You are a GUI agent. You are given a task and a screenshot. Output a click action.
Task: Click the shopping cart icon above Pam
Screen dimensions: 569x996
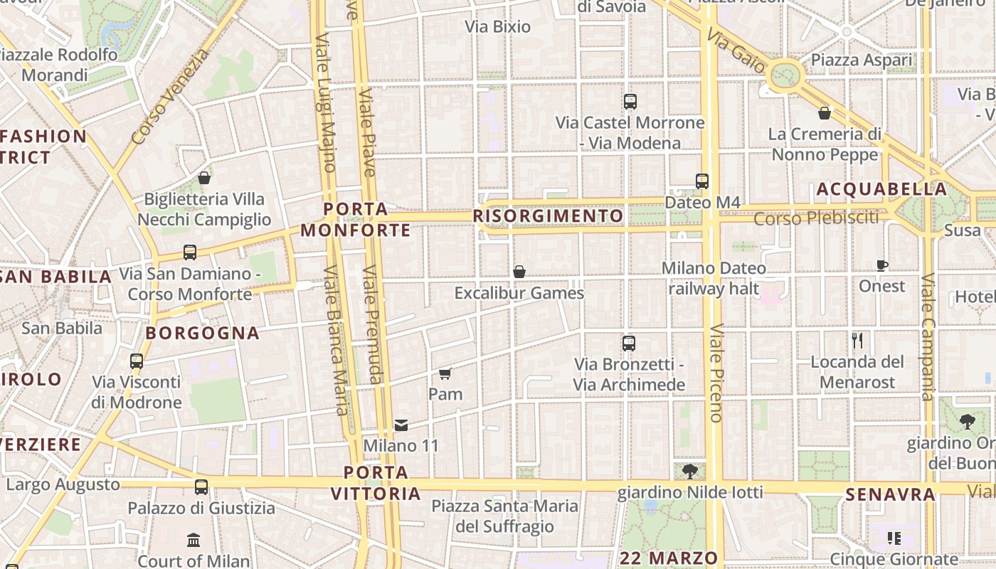tap(445, 373)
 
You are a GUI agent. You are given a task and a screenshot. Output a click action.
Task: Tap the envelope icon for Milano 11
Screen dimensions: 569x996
tap(401, 425)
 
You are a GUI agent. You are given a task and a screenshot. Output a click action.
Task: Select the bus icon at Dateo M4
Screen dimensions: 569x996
tap(702, 181)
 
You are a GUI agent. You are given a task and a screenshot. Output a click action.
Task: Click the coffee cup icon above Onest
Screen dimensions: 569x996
tap(882, 266)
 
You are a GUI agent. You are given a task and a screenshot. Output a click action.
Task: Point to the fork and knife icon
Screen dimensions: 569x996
tap(857, 341)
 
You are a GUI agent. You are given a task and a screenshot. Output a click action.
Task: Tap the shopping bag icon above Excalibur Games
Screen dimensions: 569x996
tap(519, 272)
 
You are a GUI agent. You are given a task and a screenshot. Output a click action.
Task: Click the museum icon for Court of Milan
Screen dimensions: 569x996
tap(194, 540)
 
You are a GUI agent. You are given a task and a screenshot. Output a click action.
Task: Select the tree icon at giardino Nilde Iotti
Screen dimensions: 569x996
tap(689, 471)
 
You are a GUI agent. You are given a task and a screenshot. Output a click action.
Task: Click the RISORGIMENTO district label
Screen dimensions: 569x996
tap(548, 216)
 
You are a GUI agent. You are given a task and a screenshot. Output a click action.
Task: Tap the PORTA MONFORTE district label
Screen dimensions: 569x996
tap(356, 220)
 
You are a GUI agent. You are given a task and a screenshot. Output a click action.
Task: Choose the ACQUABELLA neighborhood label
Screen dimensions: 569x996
tap(881, 189)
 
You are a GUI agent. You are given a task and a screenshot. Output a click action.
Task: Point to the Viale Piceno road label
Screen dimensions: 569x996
tap(716, 373)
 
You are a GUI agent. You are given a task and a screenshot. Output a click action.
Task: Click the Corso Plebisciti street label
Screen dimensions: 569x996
tap(816, 218)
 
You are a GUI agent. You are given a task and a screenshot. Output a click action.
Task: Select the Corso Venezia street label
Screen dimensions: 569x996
tap(171, 96)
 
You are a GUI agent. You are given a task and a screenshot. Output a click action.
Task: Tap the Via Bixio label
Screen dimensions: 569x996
tap(498, 27)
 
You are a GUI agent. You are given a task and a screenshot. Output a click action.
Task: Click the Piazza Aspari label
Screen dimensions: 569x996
tap(861, 60)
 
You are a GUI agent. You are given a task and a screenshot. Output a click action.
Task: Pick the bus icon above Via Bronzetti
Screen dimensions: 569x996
tap(629, 344)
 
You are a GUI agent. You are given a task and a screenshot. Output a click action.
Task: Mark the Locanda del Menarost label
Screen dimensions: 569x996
tap(857, 372)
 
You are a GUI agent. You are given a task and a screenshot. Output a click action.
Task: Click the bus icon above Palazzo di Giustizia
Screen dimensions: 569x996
tap(201, 487)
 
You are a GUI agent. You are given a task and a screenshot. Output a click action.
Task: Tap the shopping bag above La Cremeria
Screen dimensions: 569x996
tap(825, 113)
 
